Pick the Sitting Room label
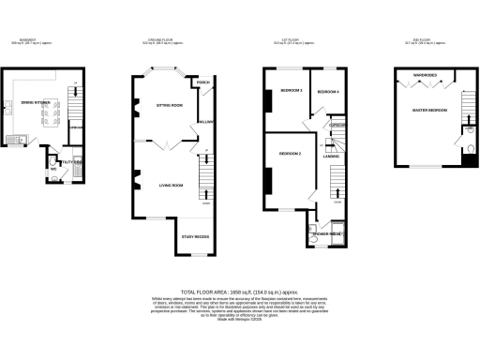169,107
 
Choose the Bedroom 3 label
289,90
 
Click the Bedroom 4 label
327,91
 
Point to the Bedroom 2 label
289,153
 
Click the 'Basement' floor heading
24,40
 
